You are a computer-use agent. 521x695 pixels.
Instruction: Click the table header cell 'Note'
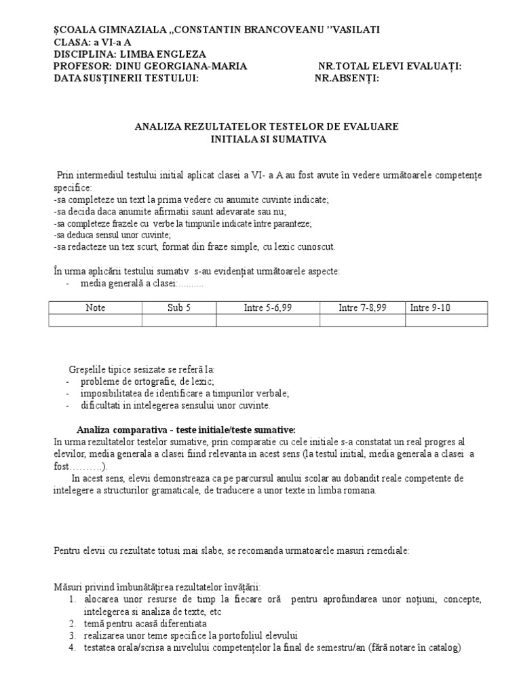[96, 307]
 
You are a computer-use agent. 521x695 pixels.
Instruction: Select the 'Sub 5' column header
[179, 307]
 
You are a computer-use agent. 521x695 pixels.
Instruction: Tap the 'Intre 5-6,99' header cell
[267, 307]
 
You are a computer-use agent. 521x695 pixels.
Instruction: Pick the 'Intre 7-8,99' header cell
[362, 307]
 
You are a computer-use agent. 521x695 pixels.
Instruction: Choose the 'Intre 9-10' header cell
[431, 307]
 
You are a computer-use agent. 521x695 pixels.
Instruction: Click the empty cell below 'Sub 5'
[179, 320]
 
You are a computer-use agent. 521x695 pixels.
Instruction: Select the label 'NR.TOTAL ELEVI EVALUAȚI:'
[390, 66]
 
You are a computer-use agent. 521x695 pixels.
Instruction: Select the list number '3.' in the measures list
[72, 635]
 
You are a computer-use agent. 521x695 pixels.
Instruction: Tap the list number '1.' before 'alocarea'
[72, 599]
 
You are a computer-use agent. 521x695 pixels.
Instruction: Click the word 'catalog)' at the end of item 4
[444, 647]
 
